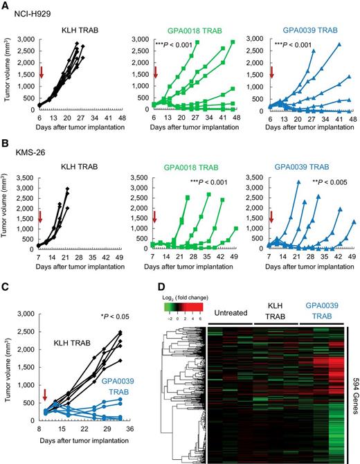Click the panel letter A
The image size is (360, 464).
click(5, 5)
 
